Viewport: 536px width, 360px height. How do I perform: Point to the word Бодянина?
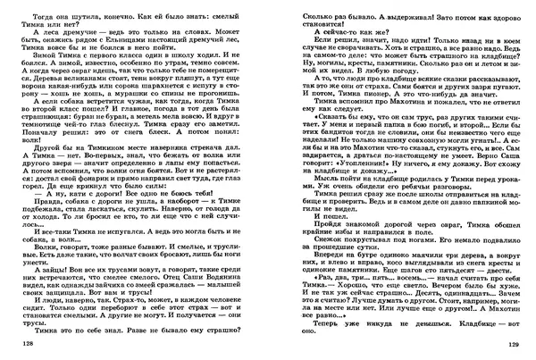(227, 296)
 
